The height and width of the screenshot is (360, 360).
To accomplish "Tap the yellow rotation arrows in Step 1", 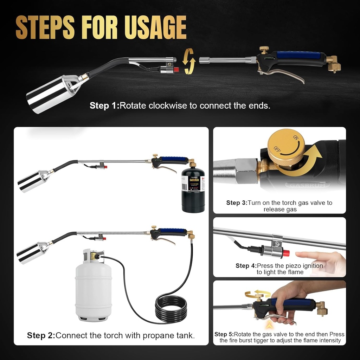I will (189, 61).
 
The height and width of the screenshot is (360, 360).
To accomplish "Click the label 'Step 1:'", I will (104, 105).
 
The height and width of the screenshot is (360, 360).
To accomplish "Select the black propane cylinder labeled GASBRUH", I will (193, 190).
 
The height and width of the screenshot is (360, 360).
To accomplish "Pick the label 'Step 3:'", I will (237, 203).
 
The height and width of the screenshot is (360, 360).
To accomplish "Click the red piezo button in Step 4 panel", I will (286, 253).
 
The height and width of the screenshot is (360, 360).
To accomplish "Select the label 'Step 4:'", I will (246, 266).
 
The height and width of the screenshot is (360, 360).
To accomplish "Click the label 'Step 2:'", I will (41, 335).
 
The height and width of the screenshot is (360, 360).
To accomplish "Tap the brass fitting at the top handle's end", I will (333, 64).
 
